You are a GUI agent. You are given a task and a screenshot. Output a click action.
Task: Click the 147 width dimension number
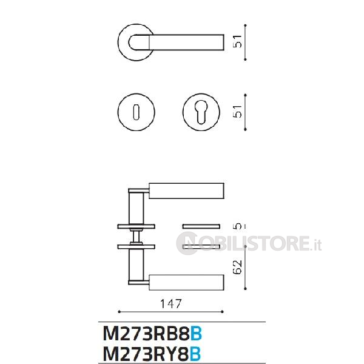pyautogui.click(x=171, y=304)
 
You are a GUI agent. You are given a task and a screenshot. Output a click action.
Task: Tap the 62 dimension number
pyautogui.click(x=237, y=267)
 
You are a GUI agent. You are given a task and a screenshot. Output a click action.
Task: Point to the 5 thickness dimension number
pyautogui.click(x=237, y=226)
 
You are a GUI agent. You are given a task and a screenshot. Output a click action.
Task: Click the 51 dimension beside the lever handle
pyautogui.click(x=237, y=41)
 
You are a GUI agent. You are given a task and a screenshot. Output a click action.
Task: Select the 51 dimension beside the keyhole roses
pyautogui.click(x=237, y=112)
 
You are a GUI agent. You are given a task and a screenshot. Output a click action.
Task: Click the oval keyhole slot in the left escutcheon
pyautogui.click(x=136, y=112)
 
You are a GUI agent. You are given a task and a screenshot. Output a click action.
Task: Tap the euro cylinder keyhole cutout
pyautogui.click(x=201, y=112)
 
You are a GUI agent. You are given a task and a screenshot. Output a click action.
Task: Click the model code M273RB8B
pyautogui.click(x=152, y=334)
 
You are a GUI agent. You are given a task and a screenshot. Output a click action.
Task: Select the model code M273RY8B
pyautogui.click(x=152, y=354)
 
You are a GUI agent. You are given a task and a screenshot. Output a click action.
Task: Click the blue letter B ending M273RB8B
pyautogui.click(x=196, y=334)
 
